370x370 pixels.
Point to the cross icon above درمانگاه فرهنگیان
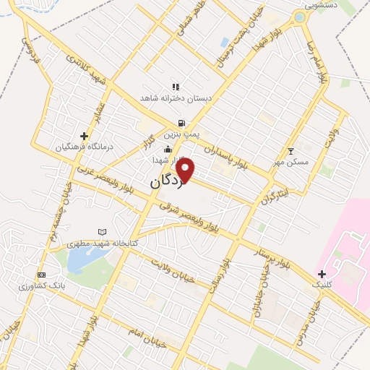85,135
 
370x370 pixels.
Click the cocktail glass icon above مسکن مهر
291,151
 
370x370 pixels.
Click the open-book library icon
102,232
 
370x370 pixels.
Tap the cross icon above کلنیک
322,274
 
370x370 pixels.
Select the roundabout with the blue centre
298,17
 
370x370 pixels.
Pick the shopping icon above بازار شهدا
168,150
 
